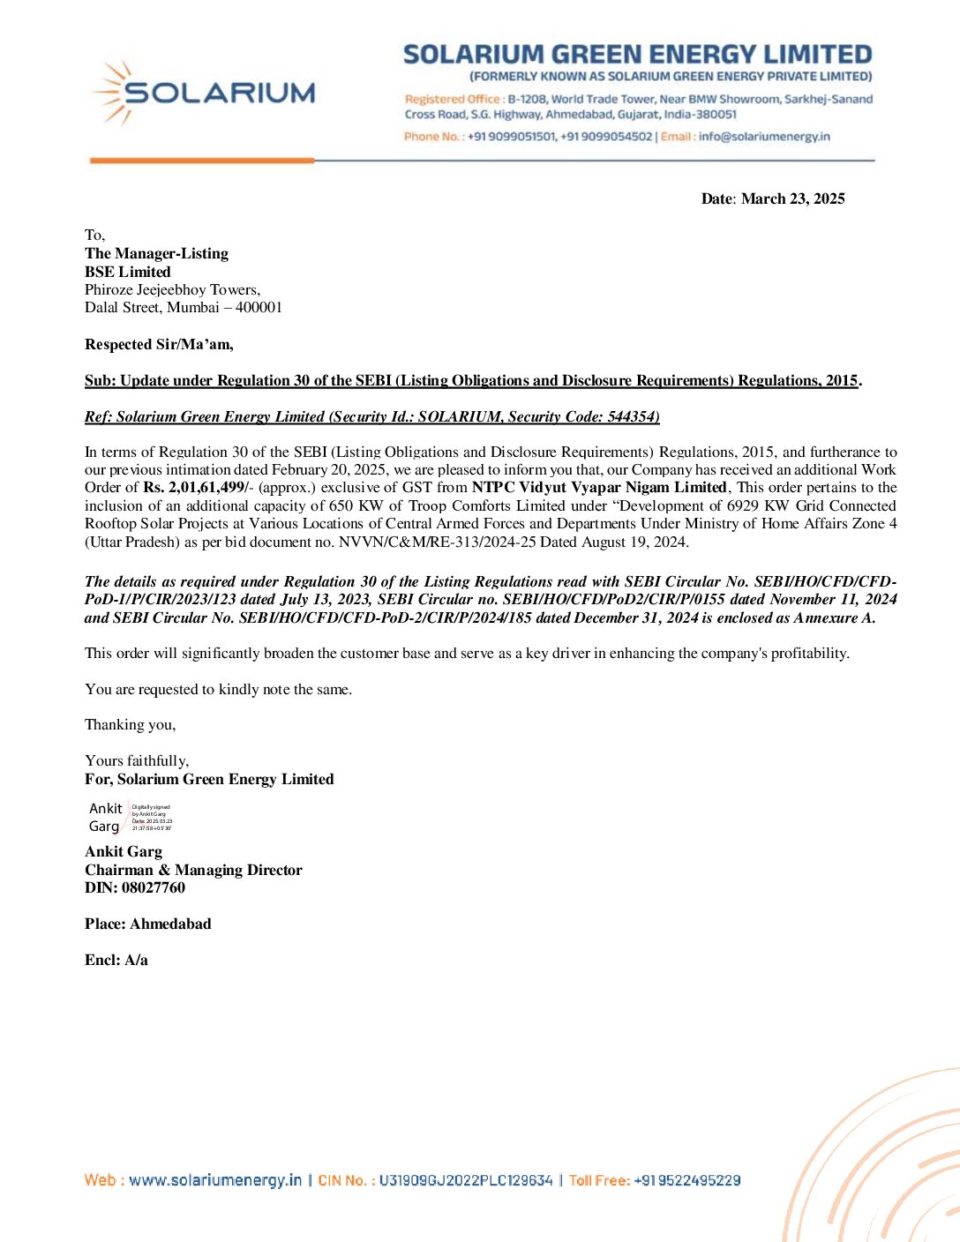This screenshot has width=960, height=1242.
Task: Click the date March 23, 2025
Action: click(x=792, y=198)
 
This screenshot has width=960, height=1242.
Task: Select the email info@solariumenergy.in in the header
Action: click(x=764, y=137)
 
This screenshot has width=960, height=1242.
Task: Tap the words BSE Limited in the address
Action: click(x=128, y=272)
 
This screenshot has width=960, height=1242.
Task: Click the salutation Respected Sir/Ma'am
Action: click(x=159, y=344)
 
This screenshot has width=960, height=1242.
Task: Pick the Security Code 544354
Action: click(x=633, y=416)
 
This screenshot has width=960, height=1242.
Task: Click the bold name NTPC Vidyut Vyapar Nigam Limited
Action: click(x=599, y=488)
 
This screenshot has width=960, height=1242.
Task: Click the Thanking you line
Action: click(x=130, y=724)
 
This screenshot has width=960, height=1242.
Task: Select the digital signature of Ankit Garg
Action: click(x=131, y=817)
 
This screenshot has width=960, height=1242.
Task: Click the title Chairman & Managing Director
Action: click(x=193, y=870)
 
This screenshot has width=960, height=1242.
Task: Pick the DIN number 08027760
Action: click(x=154, y=887)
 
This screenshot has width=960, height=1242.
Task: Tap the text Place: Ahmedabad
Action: click(x=148, y=924)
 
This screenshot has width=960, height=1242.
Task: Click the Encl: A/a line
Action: click(x=116, y=960)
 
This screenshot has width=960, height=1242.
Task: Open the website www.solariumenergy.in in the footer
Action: click(x=215, y=1180)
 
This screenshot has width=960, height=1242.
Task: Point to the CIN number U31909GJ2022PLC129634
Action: click(x=466, y=1180)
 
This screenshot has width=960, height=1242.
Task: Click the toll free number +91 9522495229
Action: click(x=686, y=1180)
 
